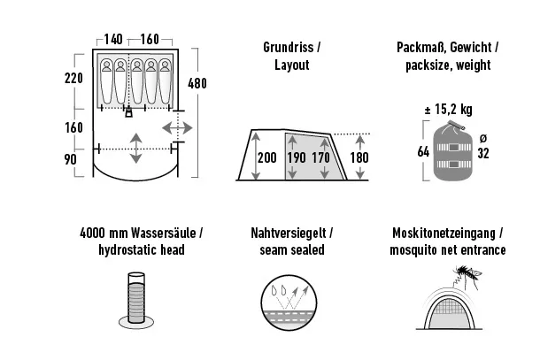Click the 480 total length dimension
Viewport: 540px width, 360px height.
[x=197, y=83]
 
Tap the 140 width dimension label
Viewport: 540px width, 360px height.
[x=113, y=39]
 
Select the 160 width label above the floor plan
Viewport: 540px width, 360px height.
[x=150, y=39]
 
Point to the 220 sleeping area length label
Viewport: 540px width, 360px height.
[x=73, y=78]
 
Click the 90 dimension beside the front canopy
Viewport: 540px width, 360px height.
[x=70, y=159]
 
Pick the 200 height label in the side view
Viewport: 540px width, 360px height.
[x=267, y=157]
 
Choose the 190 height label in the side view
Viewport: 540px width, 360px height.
[x=297, y=157]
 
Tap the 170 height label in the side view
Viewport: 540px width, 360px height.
[x=321, y=157]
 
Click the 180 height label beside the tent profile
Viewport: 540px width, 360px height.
[x=359, y=157]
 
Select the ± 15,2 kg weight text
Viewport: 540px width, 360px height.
[x=449, y=110]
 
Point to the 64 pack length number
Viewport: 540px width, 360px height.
[x=423, y=151]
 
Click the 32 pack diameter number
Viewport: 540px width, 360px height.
[x=483, y=153]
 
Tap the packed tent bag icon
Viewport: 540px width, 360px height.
[x=452, y=150]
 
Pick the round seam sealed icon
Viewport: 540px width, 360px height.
[x=289, y=303]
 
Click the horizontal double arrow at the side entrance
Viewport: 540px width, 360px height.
[x=177, y=128]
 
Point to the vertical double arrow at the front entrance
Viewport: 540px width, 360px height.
[x=136, y=149]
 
